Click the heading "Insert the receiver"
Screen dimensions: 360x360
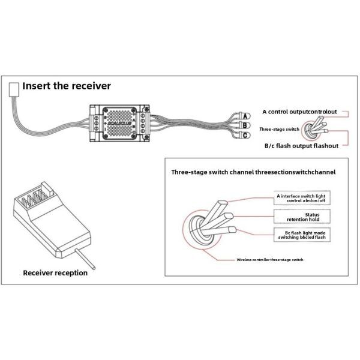(x=67, y=86)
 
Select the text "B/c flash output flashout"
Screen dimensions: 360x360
(x=301, y=145)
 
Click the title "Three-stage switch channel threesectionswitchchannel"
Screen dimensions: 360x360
(x=253, y=172)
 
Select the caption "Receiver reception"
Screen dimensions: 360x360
(x=55, y=273)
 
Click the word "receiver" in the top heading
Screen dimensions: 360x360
(x=88, y=86)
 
